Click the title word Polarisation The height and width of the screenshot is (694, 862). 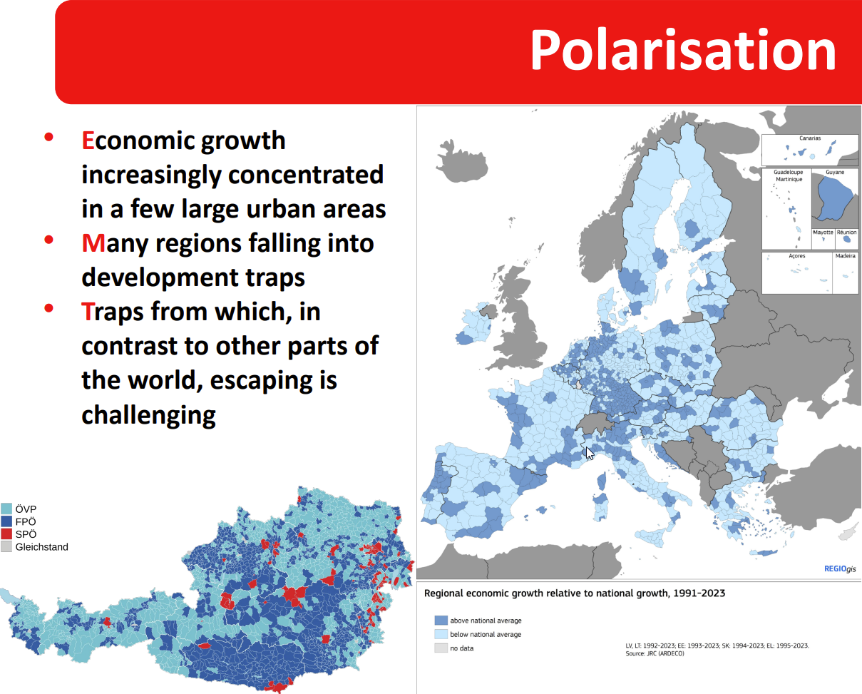[683, 51]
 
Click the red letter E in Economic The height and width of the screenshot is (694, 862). [88, 141]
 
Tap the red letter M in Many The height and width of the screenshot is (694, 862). [93, 243]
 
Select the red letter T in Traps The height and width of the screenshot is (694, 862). [87, 312]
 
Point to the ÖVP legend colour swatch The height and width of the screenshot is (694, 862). [6, 509]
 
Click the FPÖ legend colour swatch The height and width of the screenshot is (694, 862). [6, 521]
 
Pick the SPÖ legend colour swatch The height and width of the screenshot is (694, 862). [6, 534]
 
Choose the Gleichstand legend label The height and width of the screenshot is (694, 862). [41, 547]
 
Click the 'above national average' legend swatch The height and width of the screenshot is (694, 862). [441, 621]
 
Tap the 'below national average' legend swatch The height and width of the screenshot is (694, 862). [441, 634]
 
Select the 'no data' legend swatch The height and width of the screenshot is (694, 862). [441, 648]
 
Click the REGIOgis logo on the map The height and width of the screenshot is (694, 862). [840, 568]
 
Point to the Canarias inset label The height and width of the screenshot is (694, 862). [810, 138]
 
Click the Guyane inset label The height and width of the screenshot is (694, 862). [835, 173]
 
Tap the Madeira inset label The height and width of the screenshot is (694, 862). [845, 255]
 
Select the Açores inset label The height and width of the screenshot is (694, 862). [796, 256]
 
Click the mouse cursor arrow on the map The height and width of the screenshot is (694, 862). [590, 453]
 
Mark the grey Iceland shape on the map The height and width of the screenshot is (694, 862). [462, 161]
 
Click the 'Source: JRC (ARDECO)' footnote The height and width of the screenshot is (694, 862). [655, 653]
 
